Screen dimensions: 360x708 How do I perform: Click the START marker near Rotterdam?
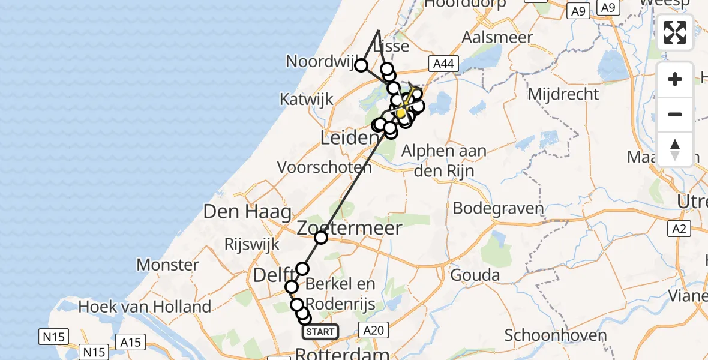point(320,332)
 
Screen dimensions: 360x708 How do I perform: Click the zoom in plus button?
point(675,80)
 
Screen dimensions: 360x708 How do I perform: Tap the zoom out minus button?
point(675,115)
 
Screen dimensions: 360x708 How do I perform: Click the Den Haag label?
point(248,211)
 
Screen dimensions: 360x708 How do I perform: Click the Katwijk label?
point(306,99)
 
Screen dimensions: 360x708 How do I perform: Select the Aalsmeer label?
point(497,37)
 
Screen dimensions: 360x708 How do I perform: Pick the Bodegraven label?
point(499,209)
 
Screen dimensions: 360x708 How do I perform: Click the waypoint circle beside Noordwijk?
point(361,65)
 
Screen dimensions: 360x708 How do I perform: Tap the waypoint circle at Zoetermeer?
point(321,238)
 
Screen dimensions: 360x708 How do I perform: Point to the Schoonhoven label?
point(551,335)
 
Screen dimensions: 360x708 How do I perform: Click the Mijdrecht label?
point(563,94)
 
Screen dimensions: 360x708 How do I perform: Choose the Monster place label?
point(167,265)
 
